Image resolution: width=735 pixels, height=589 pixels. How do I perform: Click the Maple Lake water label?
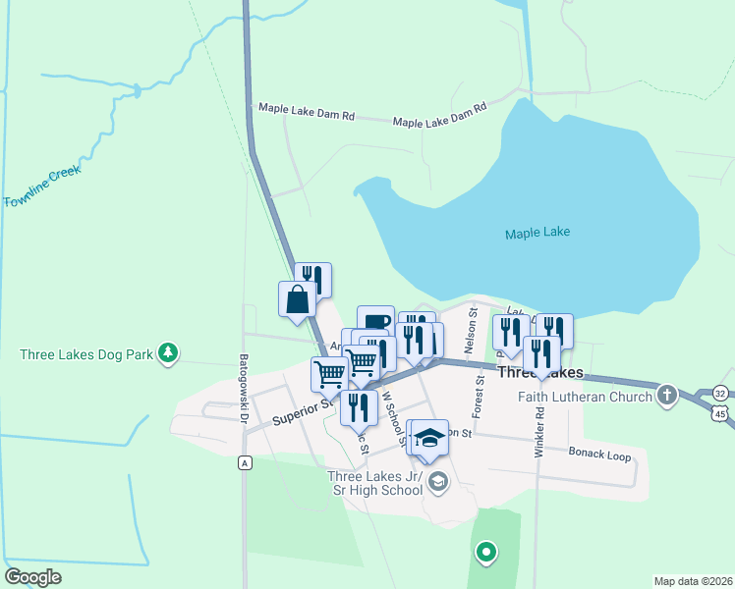pyautogui.click(x=537, y=234)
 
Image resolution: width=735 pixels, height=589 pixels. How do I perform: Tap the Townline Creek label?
pyautogui.click(x=42, y=187)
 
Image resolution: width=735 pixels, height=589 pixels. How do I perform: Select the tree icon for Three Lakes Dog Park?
pyautogui.click(x=169, y=351)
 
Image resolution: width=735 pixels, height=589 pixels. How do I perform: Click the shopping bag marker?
pyautogui.click(x=298, y=299)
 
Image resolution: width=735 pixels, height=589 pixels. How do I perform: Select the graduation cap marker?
pyautogui.click(x=429, y=437)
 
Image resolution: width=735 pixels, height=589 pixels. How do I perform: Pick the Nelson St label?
pyautogui.click(x=474, y=330)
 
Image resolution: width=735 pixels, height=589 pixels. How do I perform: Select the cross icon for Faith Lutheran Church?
pyautogui.click(x=667, y=396)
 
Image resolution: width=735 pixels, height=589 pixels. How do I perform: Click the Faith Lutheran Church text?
pyautogui.click(x=586, y=398)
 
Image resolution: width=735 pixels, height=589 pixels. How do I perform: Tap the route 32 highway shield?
pyautogui.click(x=721, y=393)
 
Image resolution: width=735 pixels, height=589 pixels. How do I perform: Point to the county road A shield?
pyautogui.click(x=243, y=461)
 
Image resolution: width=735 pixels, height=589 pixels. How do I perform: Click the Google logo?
pyautogui.click(x=33, y=577)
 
